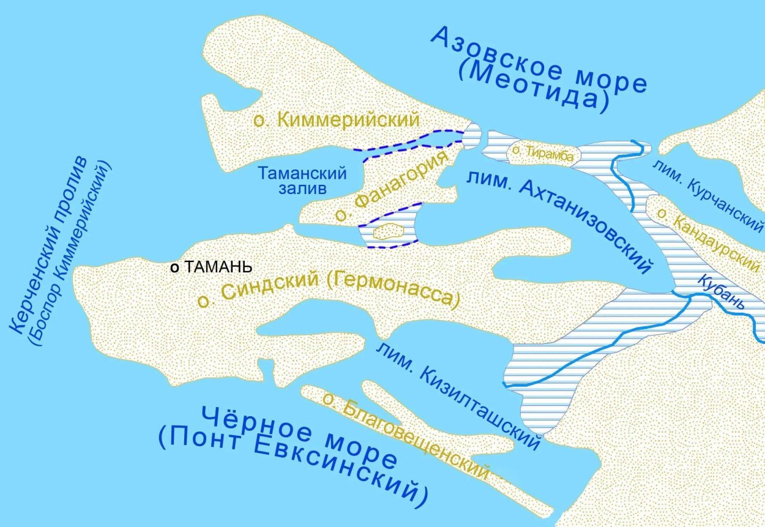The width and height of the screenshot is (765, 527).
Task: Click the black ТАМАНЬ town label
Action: [x=218, y=267]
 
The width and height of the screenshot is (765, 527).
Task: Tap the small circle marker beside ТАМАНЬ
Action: [x=174, y=267]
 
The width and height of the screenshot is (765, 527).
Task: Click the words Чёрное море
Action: [x=299, y=434]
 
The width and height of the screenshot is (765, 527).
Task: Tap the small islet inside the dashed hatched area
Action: [x=387, y=231]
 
